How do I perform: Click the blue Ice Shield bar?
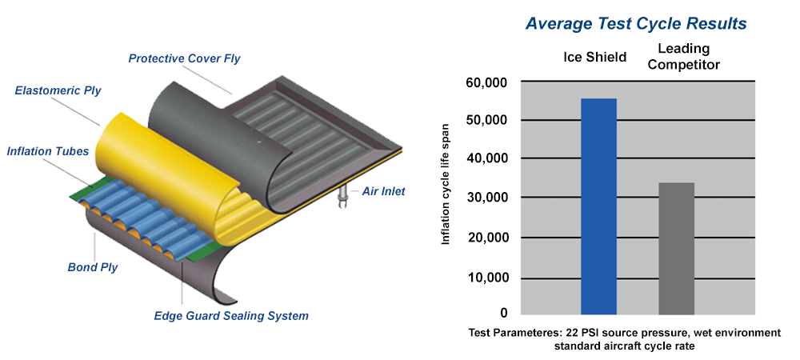598,206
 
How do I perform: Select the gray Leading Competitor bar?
677,248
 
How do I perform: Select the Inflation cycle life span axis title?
446,184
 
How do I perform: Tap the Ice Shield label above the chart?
595,57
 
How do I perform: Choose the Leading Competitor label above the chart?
685,57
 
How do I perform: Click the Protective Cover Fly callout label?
184,58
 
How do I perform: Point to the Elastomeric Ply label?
58,90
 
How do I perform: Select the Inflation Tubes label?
48,151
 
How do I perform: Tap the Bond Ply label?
92,267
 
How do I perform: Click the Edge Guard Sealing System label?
231,316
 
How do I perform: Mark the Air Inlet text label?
383,192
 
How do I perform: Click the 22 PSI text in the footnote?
579,333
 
